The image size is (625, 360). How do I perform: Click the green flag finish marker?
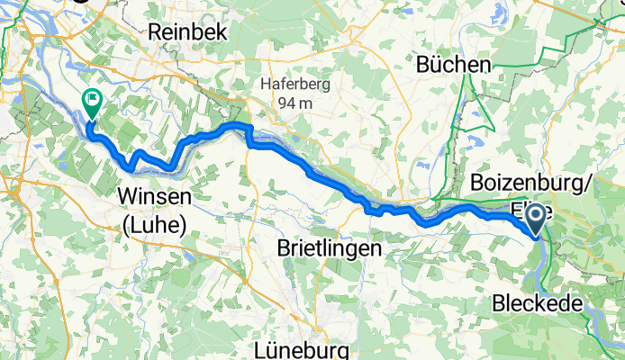coord(92,103)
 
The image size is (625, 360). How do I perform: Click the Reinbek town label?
coord(189,31)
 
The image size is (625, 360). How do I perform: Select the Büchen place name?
coord(454,65)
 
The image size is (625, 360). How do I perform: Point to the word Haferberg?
coord(295,85)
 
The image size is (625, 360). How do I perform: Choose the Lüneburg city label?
coord(292,346)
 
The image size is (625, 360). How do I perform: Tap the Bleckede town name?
coord(539,303)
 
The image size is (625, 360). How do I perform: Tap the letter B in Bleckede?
coord(500,303)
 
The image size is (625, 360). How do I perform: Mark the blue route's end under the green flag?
coord(89,132)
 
